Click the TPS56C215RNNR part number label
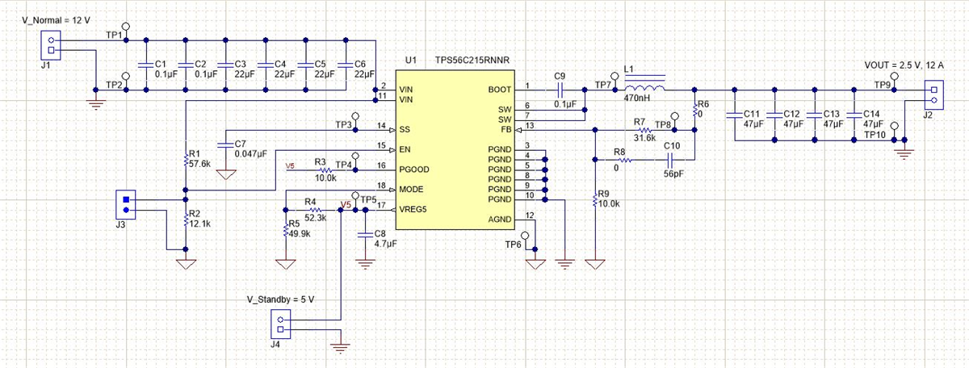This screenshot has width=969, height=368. coord(472,61)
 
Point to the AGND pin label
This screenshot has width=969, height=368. coord(501,220)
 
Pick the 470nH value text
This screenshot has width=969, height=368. coord(637,98)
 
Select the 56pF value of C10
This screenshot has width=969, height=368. coord(675,174)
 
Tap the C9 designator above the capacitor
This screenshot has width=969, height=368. coord(560,76)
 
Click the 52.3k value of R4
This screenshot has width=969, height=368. coord(316,218)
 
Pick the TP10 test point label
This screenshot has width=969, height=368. coord(875,135)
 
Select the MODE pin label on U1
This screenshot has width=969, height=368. coord(413,190)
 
